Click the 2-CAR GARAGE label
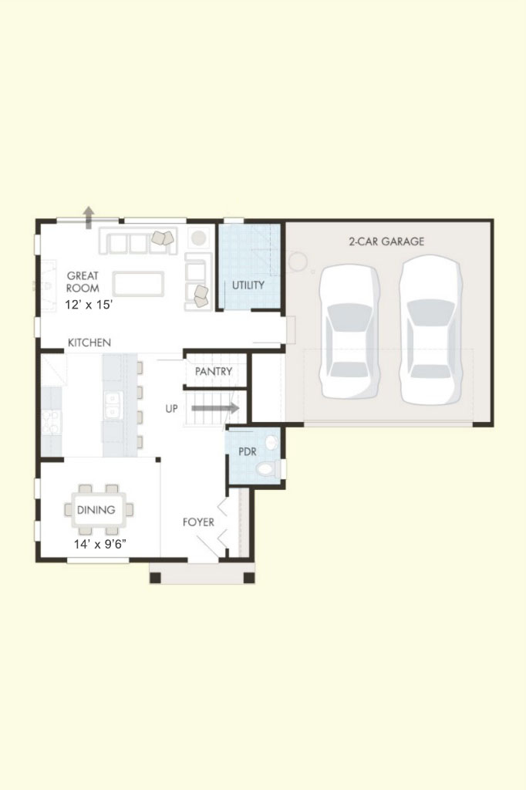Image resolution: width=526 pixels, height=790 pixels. [386, 241]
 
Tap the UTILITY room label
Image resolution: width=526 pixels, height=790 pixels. [248, 285]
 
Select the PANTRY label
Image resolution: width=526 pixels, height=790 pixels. [214, 371]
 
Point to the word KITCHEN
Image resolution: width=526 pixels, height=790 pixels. [89, 343]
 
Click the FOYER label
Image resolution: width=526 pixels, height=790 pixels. [198, 522]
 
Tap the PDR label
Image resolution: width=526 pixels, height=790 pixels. [248, 451]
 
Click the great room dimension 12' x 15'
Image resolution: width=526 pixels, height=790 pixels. [89, 305]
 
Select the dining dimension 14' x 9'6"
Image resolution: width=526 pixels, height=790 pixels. [99, 544]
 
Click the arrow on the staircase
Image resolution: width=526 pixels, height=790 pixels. [215, 407]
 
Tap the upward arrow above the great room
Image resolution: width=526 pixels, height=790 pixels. [89, 217]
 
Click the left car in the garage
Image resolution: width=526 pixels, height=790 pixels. [349, 332]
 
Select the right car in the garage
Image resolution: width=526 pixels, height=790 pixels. [430, 330]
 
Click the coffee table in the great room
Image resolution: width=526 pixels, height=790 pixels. [138, 283]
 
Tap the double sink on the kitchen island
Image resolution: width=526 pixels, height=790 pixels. [113, 405]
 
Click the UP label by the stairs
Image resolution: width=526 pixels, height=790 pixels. [172, 409]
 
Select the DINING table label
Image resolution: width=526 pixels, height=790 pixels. [96, 510]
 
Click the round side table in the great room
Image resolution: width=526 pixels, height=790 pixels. [199, 238]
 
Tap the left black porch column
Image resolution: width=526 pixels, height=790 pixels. [155, 578]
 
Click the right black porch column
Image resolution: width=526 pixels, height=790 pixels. [249, 578]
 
